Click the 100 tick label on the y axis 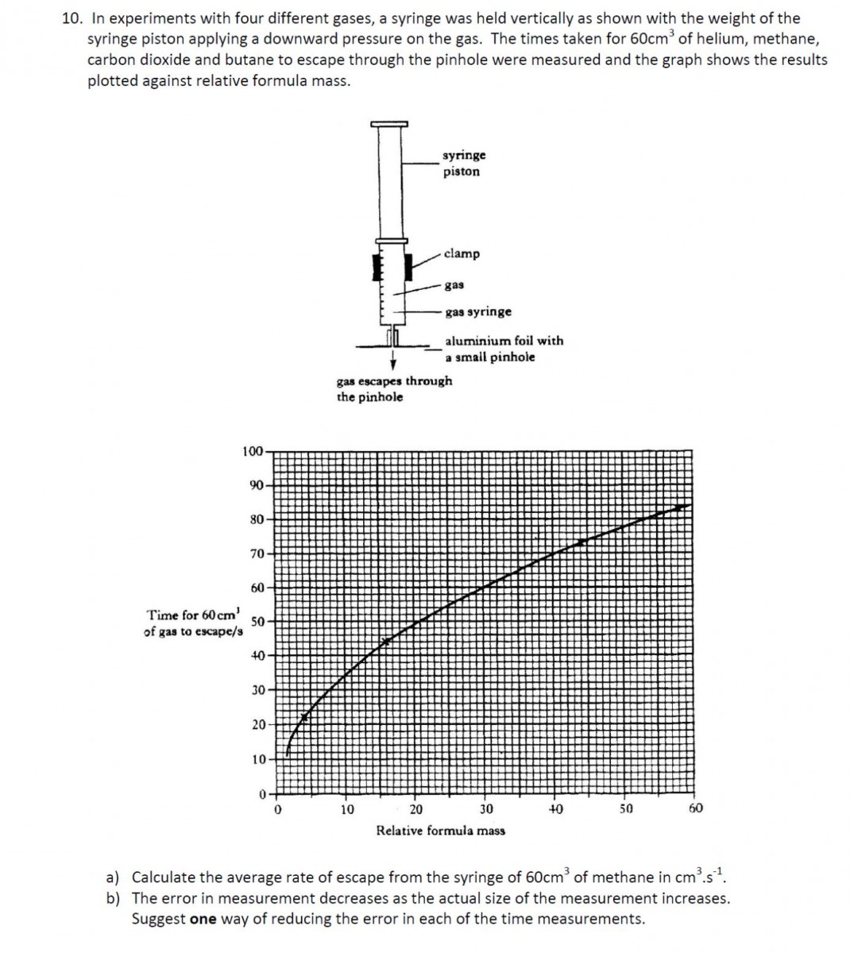pos(252,451)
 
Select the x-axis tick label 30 pos(485,809)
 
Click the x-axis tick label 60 pos(695,809)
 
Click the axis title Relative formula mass pos(440,831)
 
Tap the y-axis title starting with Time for pos(192,623)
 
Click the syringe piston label pos(464,164)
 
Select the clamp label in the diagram pos(462,254)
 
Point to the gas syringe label pos(477,312)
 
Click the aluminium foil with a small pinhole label pos(504,349)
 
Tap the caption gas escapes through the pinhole pos(394,388)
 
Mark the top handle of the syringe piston pos(389,123)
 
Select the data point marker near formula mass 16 pos(387,640)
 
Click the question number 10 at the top pos(71,18)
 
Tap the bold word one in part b pos(203,920)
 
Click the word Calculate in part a pos(162,878)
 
